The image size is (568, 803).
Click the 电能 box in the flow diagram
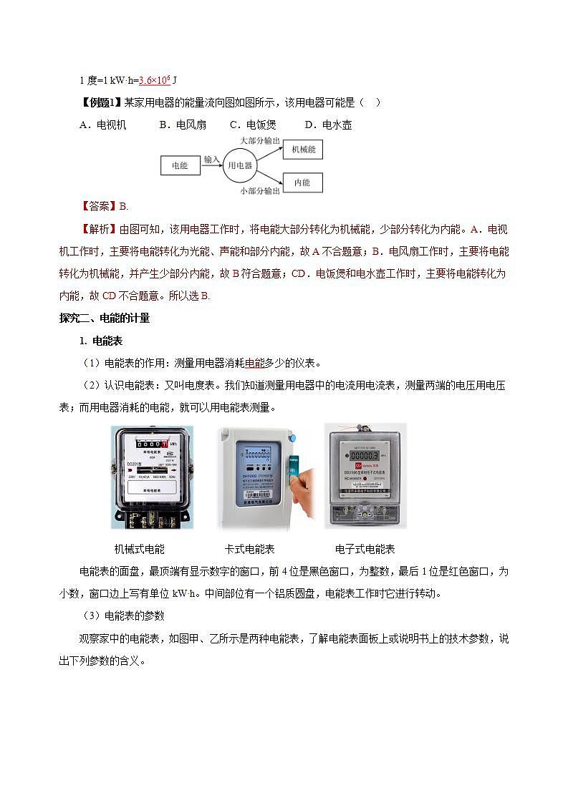[179, 165]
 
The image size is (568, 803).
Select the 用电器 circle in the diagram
[239, 165]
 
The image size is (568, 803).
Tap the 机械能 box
[303, 149]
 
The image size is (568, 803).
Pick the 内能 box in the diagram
[302, 182]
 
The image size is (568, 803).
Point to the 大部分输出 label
[260, 141]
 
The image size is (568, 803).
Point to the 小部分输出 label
[260, 191]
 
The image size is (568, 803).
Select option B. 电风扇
[183, 125]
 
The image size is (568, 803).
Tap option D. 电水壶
[328, 125]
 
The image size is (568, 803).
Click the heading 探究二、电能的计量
[104, 318]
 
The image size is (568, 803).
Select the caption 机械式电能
[140, 549]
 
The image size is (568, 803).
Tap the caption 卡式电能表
[250, 549]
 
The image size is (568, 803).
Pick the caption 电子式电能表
[365, 549]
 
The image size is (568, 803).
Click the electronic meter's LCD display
[364, 454]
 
